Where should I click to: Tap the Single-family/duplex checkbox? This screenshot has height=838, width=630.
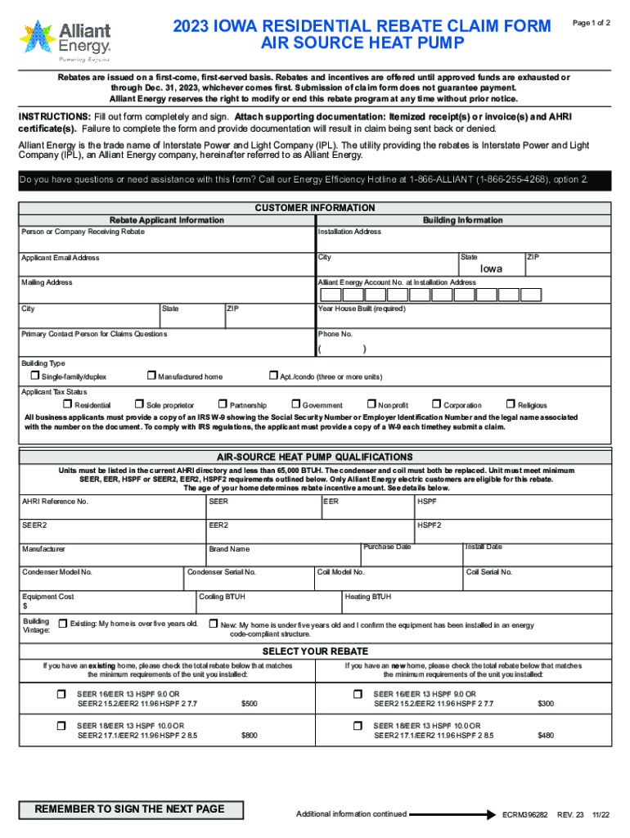[x=35, y=376]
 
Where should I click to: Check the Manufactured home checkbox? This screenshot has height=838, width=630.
[x=151, y=376]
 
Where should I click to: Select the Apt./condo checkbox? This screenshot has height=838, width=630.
[x=274, y=376]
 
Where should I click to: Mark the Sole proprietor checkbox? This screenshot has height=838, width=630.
[x=140, y=404]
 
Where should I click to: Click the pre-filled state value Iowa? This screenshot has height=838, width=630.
[x=491, y=268]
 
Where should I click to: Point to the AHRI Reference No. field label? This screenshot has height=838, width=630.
[x=55, y=501]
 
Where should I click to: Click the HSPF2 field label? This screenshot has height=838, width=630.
[x=430, y=525]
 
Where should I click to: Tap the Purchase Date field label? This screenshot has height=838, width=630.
[x=387, y=547]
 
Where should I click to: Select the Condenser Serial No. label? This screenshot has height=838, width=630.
[x=222, y=572]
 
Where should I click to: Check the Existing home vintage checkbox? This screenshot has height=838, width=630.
[x=63, y=624]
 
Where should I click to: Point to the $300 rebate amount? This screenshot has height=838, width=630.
[x=545, y=703]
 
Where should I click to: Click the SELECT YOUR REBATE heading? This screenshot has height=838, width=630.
[x=315, y=651]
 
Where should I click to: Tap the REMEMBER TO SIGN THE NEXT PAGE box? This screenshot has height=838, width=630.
[x=129, y=809]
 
